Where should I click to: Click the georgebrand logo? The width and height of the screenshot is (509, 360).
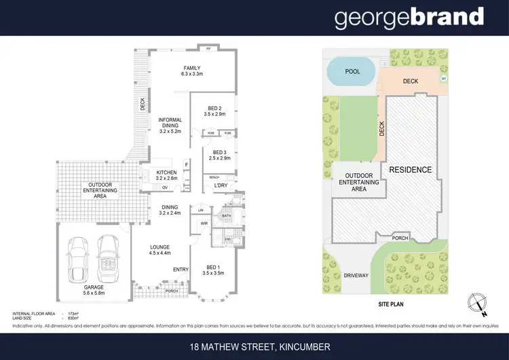point(409,18)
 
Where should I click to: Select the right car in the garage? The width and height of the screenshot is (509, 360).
point(109,259)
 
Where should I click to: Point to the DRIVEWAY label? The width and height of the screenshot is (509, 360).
point(356,276)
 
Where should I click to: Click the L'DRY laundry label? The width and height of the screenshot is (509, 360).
point(221,185)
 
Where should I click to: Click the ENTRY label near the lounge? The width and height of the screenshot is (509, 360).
point(181,270)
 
